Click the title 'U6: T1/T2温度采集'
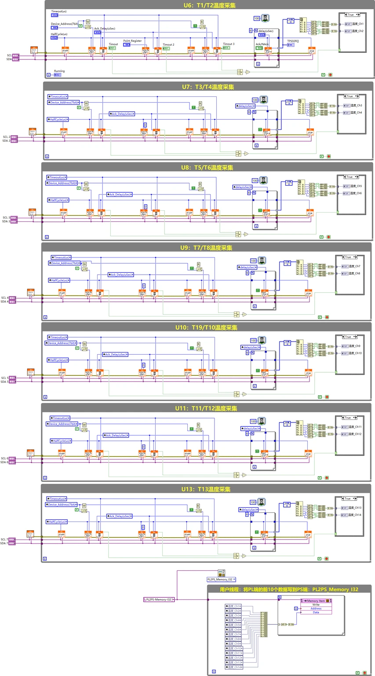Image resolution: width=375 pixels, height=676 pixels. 209,6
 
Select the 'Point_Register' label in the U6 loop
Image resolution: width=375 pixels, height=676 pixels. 132,41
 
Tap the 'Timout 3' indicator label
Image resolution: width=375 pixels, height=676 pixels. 229,44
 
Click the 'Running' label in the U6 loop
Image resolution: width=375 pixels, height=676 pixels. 59,71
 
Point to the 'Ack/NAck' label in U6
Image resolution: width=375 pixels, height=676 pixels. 262,44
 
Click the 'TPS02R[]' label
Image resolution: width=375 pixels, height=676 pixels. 293,40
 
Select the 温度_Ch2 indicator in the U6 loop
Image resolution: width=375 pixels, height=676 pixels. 356,31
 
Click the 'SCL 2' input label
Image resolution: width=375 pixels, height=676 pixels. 6,137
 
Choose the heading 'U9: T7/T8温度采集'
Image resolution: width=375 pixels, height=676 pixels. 207,248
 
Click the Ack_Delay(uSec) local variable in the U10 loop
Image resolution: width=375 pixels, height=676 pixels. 116,354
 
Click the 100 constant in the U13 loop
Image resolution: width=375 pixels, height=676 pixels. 253,502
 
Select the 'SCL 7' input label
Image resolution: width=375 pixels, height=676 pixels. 4,539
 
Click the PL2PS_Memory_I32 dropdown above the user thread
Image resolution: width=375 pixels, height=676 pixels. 221,580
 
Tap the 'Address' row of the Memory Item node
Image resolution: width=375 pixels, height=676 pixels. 316,609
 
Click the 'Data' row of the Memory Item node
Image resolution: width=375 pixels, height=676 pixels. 316,612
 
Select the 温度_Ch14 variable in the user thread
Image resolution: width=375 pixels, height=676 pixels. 234,667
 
